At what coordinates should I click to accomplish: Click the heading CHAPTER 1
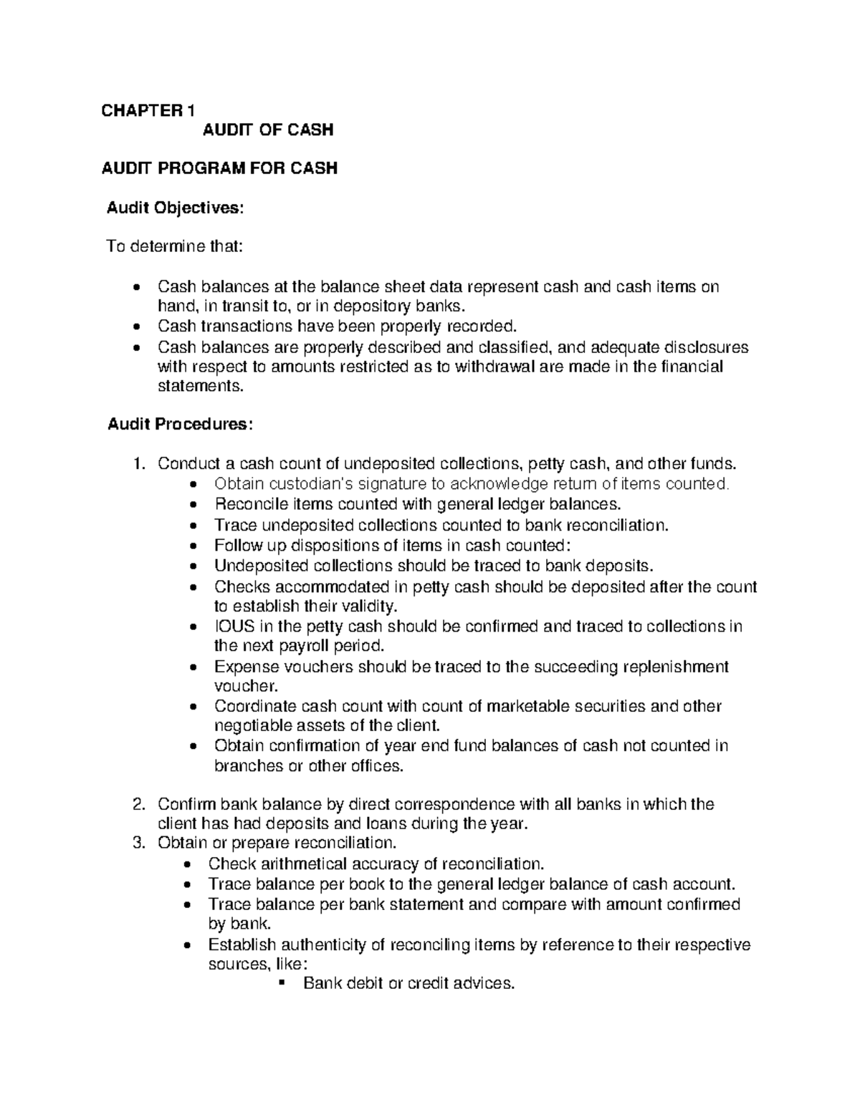click(x=147, y=110)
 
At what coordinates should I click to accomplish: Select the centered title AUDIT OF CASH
click(x=267, y=130)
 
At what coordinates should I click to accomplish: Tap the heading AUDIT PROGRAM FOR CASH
click(x=219, y=168)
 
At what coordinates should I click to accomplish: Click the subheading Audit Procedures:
click(x=179, y=424)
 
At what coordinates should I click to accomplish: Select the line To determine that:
click(x=174, y=247)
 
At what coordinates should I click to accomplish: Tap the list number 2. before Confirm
click(x=140, y=804)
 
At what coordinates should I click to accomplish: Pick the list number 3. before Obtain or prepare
click(x=140, y=843)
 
